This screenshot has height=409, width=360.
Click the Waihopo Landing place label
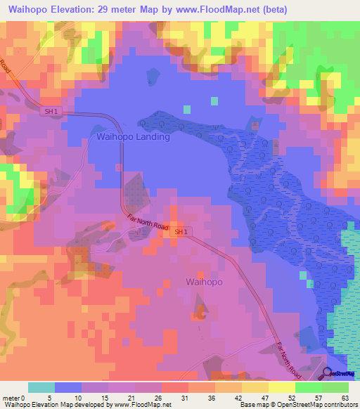coord(133,137)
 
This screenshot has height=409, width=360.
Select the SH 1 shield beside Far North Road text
coord(181,231)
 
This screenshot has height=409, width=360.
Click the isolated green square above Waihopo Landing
coord(186,109)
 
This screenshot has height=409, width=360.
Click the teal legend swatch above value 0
coord(41,387)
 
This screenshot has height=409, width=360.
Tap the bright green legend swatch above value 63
coord(336,387)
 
